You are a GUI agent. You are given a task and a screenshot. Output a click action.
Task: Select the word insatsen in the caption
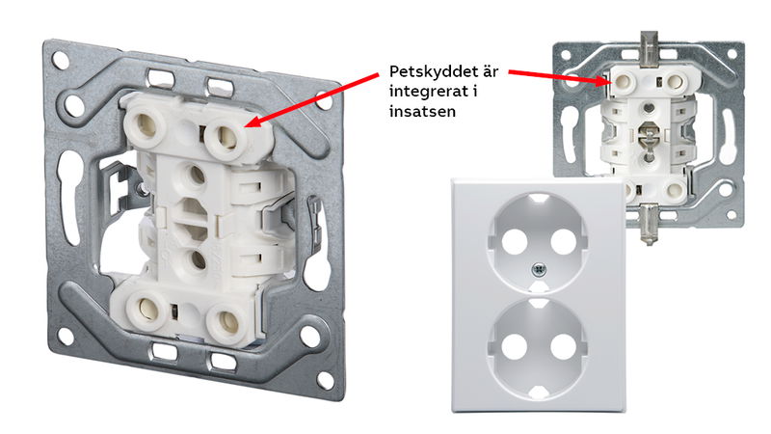point(422,111)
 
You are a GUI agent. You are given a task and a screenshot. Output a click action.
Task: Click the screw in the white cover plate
point(540,269)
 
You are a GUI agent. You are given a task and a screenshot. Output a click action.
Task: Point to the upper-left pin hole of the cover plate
point(515,242)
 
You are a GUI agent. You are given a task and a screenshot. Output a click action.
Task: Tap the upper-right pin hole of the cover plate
point(564,242)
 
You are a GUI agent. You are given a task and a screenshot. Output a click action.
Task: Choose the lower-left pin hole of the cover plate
point(515,346)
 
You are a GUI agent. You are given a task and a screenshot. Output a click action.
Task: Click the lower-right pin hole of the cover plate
point(564,346)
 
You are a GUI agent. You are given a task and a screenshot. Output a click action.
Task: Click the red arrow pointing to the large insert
point(311,100)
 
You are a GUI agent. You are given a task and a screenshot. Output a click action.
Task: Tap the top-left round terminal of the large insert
point(146,125)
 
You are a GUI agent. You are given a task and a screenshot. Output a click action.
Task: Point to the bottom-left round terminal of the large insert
point(146,309)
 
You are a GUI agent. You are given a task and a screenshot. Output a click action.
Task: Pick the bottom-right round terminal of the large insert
point(227,323)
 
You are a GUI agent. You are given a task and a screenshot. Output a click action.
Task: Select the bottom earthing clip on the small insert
point(649,224)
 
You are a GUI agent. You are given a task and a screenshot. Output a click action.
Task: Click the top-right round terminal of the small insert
point(677,81)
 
